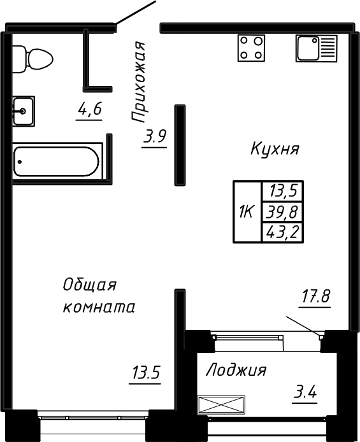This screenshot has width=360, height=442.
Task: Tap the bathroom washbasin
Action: (24, 111)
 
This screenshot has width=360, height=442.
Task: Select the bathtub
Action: (56, 160)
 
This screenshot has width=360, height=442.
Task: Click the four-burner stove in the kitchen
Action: (251, 48)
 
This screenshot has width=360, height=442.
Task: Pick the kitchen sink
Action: (316, 48)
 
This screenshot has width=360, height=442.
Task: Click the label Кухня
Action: (275, 150)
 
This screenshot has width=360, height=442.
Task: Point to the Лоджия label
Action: (236, 371)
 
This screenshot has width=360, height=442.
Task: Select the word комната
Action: (99, 308)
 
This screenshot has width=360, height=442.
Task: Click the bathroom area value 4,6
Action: (89, 111)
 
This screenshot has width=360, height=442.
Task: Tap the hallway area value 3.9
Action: (155, 136)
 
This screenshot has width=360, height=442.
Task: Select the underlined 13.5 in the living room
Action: (145, 373)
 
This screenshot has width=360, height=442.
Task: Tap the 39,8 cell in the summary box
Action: (282, 211)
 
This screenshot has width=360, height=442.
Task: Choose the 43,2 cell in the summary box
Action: (282, 232)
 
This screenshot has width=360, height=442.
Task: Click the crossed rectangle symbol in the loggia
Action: (221, 405)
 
